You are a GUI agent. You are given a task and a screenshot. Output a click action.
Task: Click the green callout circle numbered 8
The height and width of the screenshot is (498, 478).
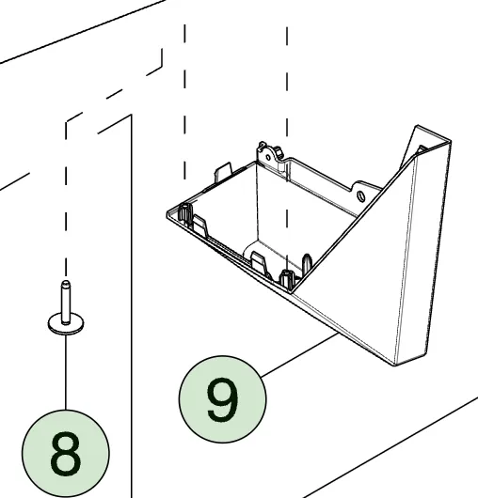coord(66,453)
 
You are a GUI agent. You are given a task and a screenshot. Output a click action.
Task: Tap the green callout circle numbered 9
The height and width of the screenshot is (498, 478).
coord(223,399)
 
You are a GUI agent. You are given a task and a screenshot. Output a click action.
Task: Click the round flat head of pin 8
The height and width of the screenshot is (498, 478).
coord(66,324)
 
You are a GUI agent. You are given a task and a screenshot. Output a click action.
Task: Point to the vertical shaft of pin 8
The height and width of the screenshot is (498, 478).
coord(66,303)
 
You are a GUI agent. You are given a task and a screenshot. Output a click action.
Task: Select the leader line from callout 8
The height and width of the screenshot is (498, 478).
coord(66,372)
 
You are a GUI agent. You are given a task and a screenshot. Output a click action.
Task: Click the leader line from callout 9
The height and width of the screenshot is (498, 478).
coord(299,355)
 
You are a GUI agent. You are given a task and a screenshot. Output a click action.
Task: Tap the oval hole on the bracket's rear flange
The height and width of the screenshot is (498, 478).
coord(361,195)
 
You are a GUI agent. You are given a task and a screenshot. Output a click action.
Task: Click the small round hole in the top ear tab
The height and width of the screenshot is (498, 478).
coord(268,158)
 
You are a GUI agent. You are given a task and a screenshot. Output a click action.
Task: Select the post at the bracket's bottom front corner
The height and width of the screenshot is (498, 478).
coord(286,278)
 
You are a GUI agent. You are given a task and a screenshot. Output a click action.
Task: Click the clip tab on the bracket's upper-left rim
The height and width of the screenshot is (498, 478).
coord(223,172)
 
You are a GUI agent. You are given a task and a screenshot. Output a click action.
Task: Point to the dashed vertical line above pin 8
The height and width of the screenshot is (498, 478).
coord(66,198)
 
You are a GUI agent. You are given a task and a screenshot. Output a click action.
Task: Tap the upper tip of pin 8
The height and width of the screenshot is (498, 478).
coord(66,281)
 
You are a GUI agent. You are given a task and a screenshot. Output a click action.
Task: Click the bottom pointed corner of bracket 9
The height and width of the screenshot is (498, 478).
coord(395,365)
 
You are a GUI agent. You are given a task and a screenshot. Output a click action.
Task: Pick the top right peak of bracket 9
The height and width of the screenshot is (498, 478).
coord(418,126)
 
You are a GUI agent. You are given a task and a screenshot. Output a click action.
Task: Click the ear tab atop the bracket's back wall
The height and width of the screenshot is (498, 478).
coord(269,153)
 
